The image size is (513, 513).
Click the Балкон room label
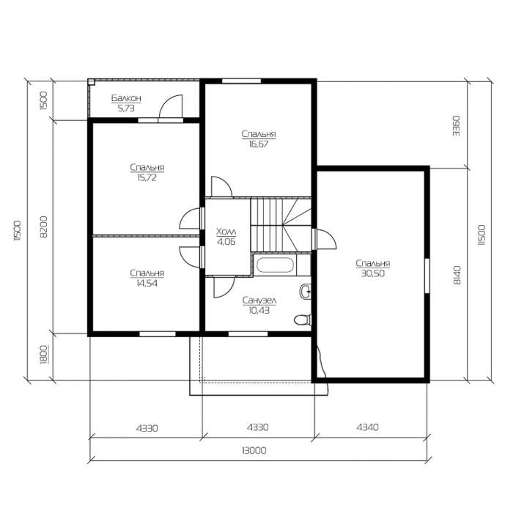click(x=126, y=97)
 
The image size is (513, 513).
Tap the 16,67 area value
click(x=259, y=144)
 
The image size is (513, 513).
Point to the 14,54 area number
click(x=147, y=283)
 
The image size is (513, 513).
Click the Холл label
click(x=226, y=232)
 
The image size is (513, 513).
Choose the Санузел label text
click(x=259, y=300)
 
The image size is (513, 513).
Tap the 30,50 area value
click(x=373, y=273)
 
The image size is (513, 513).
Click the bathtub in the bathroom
click(x=275, y=265)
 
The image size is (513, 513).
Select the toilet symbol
click(x=303, y=320)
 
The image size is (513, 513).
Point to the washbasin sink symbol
click(x=306, y=291)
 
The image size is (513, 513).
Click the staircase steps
click(x=281, y=225)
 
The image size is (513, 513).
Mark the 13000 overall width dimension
click(x=254, y=451)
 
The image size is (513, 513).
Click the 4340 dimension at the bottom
click(x=367, y=427)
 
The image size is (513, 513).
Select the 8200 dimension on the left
click(x=43, y=226)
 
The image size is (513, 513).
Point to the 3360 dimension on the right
click(x=456, y=125)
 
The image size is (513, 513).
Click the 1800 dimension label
click(x=43, y=354)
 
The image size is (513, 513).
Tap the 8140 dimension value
click(x=457, y=275)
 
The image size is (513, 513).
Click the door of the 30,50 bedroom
click(x=324, y=239)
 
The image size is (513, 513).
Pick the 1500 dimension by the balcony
click(x=43, y=100)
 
